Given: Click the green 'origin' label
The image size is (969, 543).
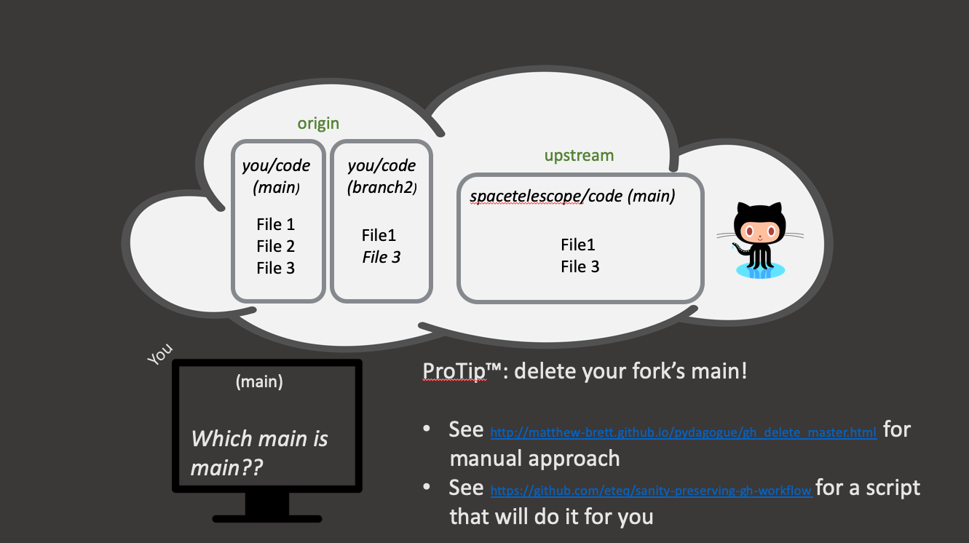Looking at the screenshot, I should click(318, 123).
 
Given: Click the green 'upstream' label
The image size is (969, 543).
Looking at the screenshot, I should click(579, 156).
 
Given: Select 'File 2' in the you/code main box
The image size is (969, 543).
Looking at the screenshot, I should click(275, 246).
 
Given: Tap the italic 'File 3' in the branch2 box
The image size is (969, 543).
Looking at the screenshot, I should click(381, 257).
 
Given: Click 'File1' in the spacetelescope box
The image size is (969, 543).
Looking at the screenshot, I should click(580, 245).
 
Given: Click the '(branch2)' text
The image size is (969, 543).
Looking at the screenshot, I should click(381, 187).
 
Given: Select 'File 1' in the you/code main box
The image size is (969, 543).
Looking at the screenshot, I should click(275, 224).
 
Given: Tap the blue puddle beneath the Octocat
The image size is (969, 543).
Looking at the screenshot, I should click(762, 271).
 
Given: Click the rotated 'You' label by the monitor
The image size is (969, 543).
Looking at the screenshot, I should click(160, 354).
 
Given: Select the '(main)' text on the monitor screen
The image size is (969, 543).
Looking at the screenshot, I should click(259, 381).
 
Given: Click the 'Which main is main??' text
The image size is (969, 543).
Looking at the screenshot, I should click(259, 452).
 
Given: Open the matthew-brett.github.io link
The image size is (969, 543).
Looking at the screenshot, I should click(684, 432).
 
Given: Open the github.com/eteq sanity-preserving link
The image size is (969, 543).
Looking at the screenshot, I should click(651, 491).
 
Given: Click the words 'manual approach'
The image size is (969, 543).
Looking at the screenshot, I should click(534, 459).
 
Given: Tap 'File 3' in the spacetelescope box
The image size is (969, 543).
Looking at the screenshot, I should click(580, 266).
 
